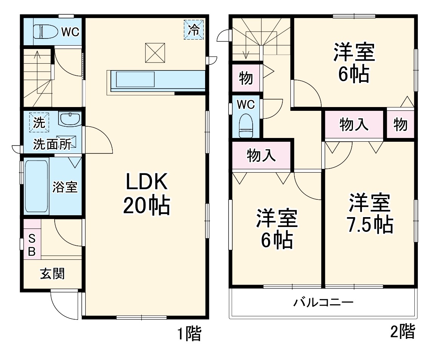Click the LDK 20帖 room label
point(146,195)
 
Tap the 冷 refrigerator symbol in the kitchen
point(193,30)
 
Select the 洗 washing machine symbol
point(39,123)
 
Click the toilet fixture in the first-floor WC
point(43,32)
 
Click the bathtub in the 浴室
point(36,186)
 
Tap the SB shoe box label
point(32,244)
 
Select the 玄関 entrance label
point(52,274)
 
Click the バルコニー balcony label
point(323,303)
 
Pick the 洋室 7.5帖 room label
point(370,213)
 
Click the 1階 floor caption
point(189,334)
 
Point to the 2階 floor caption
point(402,332)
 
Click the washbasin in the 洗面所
point(70,119)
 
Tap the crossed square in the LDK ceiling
point(155,53)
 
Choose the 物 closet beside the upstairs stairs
point(245,79)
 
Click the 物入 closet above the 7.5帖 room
point(354,124)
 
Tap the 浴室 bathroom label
point(65,187)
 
